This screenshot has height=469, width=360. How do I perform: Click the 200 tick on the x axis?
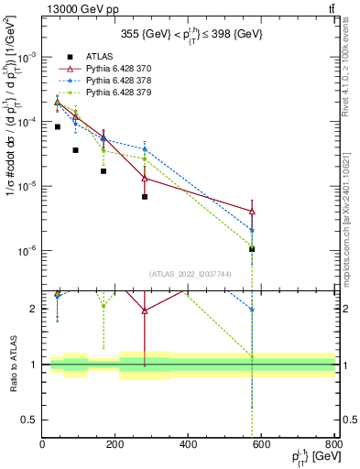[115, 446]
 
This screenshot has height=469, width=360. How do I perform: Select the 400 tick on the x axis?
[189, 446]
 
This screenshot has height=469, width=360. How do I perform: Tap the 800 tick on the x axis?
[333, 446]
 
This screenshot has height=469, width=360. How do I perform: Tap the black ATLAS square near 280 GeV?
[145, 197]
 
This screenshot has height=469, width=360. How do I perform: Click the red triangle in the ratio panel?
[145, 311]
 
